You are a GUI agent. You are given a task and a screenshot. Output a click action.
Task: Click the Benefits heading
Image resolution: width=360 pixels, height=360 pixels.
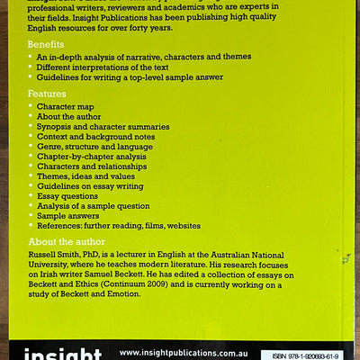pos(46,44)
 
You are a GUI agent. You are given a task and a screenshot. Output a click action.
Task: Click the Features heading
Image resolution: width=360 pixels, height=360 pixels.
pos(47,93)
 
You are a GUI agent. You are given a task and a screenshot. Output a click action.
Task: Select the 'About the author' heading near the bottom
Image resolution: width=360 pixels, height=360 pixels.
pos(67,242)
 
